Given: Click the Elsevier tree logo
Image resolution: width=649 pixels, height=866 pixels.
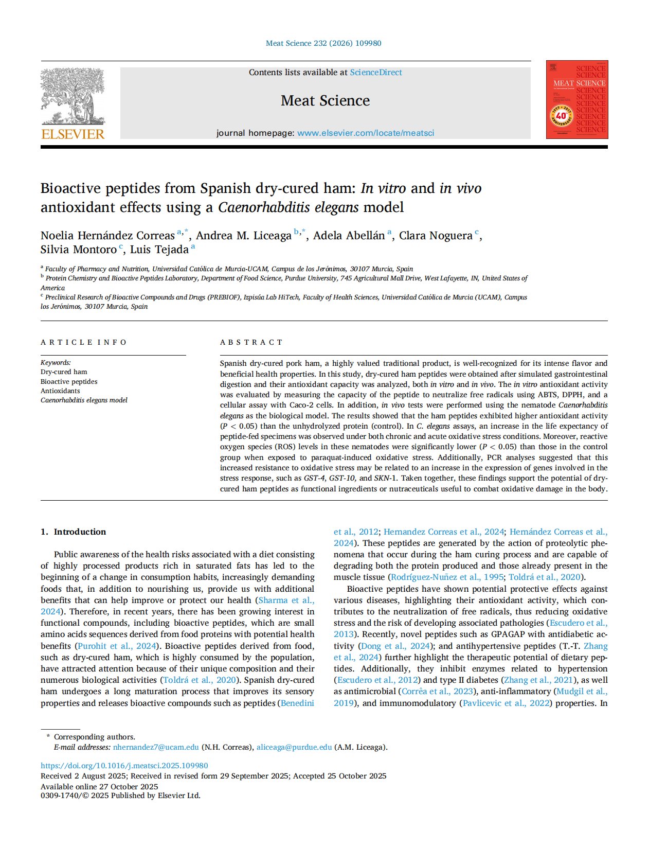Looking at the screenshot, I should [73, 96].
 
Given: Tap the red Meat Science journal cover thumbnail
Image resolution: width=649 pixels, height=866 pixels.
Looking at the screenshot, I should [576, 100].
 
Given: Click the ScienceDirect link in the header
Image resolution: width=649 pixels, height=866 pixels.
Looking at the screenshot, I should [375, 73].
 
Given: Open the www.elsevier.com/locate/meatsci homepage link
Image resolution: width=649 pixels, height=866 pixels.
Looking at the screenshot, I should [366, 133].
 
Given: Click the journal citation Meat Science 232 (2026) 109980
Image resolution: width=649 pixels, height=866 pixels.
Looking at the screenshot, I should [323, 43].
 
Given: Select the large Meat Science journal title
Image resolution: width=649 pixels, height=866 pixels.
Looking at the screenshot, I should [325, 101].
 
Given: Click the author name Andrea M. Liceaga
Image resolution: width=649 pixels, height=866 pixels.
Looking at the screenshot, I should [244, 236].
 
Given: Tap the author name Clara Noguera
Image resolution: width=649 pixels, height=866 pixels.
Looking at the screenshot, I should [436, 236].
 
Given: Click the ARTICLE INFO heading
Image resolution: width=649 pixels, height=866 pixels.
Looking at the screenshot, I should [84, 343].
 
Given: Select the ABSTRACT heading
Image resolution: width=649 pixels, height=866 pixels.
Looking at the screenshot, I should [251, 343].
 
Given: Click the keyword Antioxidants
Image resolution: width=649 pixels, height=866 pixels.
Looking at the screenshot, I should [60, 391].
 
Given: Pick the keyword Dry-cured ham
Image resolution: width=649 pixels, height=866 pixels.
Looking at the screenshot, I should [64, 372].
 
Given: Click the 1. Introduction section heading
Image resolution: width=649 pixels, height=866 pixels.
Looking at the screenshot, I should [73, 532].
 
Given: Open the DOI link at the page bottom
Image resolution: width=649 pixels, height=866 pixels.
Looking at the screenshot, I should [124, 766].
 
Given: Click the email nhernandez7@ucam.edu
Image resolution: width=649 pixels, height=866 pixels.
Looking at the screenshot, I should [156, 747].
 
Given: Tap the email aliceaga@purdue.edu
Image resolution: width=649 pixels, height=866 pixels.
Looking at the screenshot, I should [294, 747].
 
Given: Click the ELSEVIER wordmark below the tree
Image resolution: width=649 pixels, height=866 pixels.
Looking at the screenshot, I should [73, 135].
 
